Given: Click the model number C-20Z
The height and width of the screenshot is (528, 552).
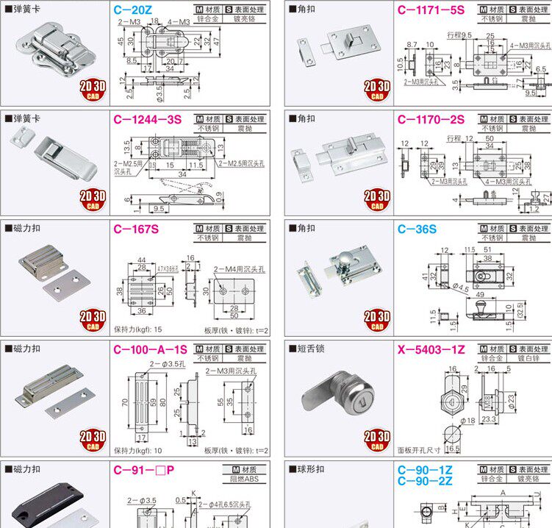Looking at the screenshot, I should click(x=132, y=11).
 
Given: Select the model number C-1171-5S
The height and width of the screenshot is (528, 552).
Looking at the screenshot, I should click(x=431, y=11).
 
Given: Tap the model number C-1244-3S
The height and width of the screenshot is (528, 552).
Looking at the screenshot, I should click(x=147, y=120).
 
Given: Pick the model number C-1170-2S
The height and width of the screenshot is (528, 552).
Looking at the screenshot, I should click(x=431, y=120).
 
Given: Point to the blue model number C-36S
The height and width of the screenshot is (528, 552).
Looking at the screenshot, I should click(x=417, y=229).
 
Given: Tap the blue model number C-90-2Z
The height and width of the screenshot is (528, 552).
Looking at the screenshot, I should click(x=425, y=481).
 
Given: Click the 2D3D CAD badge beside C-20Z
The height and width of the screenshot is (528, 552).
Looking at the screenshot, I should click(x=93, y=90).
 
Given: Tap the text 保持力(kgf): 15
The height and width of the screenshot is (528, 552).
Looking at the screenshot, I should click(x=137, y=329).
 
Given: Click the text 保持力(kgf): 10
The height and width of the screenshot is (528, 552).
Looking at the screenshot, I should click(x=137, y=450).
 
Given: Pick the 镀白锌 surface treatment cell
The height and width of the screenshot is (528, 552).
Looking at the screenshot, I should click(x=528, y=358).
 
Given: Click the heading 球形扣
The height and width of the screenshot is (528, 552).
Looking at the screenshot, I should click(x=307, y=468).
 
